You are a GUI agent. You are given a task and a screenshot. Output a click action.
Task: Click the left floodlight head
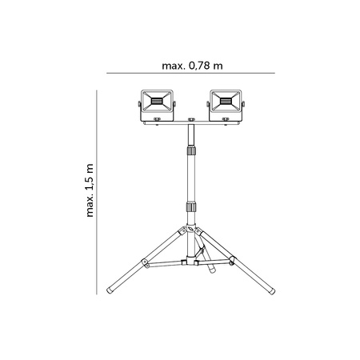[157, 104]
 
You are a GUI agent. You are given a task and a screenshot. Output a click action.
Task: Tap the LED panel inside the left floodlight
[157, 101]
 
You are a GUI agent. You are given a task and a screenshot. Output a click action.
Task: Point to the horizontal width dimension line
[191, 74]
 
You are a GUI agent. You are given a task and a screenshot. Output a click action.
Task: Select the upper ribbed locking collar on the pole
[190, 150]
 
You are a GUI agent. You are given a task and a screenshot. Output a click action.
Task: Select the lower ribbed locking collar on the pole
[190, 207]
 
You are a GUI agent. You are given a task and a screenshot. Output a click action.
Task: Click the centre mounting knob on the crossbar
[190, 122]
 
